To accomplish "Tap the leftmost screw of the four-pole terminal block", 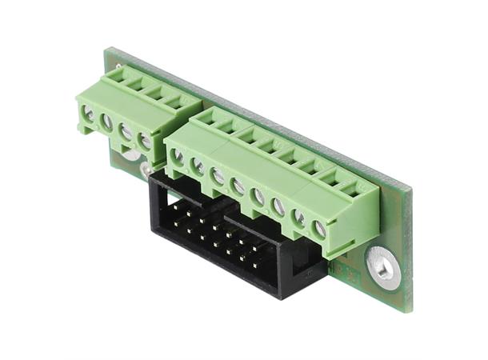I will [x=88, y=114].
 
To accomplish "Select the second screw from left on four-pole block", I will [x=106, y=122].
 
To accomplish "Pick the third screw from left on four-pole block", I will [x=126, y=131].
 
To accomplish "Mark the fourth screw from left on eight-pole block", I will [x=238, y=186].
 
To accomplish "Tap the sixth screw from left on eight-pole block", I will [x=278, y=206].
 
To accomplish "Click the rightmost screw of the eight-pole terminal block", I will [x=319, y=228].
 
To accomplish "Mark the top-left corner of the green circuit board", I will [x=109, y=50].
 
